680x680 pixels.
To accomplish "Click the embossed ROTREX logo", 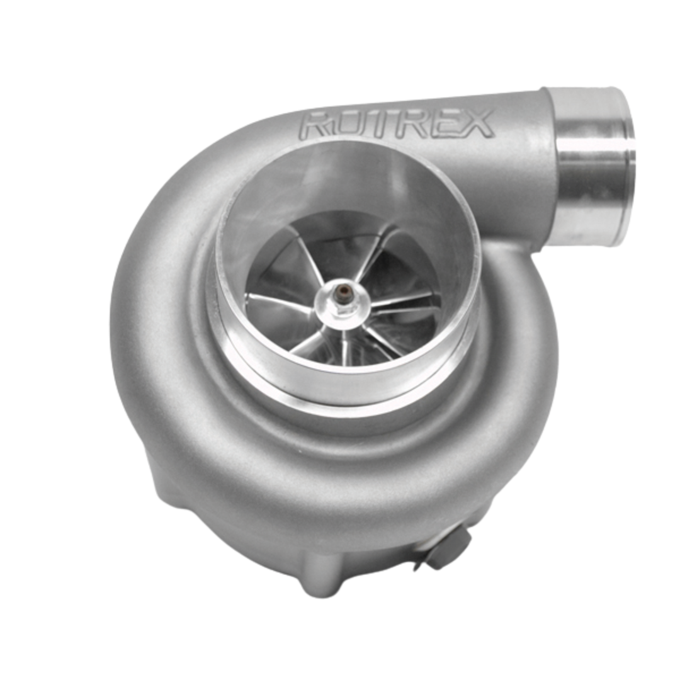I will click(x=397, y=123).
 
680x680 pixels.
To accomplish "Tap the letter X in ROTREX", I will click(x=476, y=122).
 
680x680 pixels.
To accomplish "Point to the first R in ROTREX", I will click(x=315, y=125).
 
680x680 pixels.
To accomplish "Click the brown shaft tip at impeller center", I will click(x=344, y=292).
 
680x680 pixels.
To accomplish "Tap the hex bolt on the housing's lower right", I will click(x=450, y=547).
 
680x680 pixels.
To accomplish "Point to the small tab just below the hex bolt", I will click(x=419, y=566).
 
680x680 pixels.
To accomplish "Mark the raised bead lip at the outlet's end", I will click(x=626, y=167).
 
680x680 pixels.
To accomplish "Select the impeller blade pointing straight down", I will click(x=345, y=343).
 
